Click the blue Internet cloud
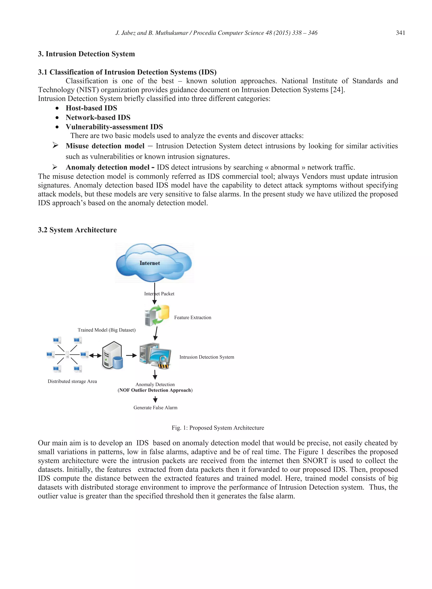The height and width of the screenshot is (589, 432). tap(154, 263)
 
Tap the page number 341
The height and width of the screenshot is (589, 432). tap(400, 33)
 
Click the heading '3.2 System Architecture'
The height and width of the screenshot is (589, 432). tap(77, 230)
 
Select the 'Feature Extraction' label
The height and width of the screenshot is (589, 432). tap(192, 317)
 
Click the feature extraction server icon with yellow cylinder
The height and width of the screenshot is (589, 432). tap(157, 315)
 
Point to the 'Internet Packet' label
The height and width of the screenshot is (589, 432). tap(159, 294)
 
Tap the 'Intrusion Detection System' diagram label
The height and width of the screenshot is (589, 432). tap(207, 357)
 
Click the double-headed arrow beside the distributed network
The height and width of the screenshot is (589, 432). tap(95, 355)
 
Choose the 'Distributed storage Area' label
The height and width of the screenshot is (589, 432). tap(72, 381)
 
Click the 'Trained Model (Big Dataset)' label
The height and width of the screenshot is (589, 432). tap(107, 330)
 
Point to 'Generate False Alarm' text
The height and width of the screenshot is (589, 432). tap(155, 408)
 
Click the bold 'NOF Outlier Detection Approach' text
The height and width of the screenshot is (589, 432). tap(155, 390)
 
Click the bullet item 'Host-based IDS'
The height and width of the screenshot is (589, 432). tap(91, 108)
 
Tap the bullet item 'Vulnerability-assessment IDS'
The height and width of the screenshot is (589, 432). tap(114, 127)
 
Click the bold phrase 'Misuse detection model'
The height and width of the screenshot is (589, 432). tap(105, 146)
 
